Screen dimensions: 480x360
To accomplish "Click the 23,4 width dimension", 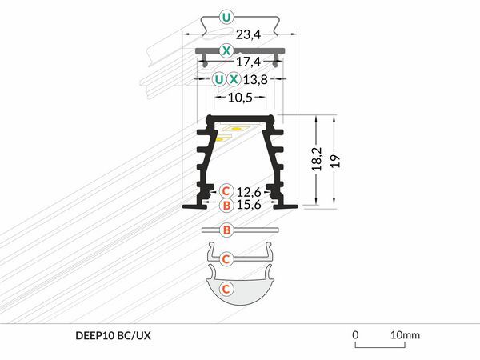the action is (x=248, y=34).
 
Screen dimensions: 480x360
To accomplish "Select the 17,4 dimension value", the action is (x=248, y=62).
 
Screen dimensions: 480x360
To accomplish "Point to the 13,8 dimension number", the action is (x=255, y=79).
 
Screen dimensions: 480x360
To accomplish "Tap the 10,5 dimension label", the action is (x=240, y=98).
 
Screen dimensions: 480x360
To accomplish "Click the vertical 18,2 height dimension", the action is (x=318, y=159).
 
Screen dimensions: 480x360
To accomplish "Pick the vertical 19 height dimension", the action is (x=335, y=161).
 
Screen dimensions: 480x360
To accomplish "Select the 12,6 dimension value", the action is (x=249, y=192).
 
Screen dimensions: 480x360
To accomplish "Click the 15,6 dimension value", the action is (x=249, y=205).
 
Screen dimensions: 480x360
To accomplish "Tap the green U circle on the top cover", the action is (x=226, y=18).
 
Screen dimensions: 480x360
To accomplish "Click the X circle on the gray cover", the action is (x=226, y=50).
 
